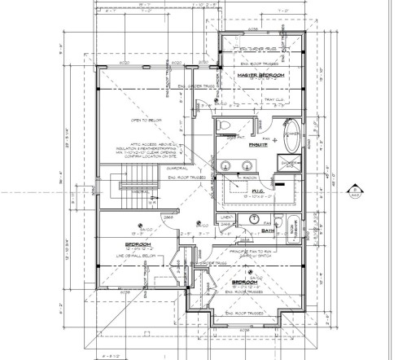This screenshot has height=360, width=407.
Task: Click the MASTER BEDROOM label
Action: (x=261, y=76)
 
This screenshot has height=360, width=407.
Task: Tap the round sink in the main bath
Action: (x=255, y=218)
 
